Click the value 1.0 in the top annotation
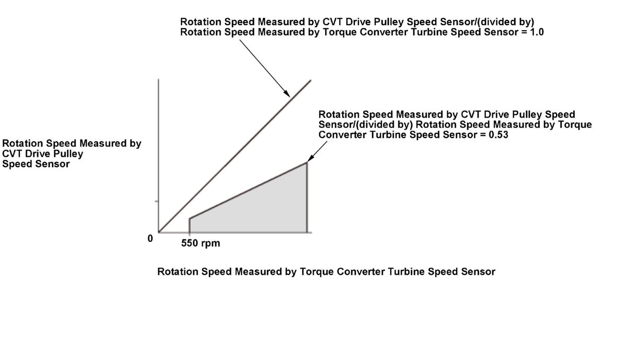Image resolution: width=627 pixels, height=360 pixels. tap(537, 32)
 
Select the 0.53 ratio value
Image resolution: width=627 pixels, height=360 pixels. tap(498, 135)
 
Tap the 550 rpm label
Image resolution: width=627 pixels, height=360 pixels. tap(201, 243)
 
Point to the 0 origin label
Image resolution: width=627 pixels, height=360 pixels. tap(150, 238)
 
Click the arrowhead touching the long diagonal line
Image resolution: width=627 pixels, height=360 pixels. tap(287, 93)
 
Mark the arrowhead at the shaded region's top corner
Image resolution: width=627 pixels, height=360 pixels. tap(310, 158)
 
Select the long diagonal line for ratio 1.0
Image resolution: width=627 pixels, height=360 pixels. tap(235, 156)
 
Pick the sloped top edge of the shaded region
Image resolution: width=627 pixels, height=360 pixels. tap(248, 190)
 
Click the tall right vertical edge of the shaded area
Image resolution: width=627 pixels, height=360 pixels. tap(307, 198)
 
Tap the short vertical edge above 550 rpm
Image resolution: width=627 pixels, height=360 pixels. tap(190, 226)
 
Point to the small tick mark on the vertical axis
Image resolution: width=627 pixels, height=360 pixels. tap(157, 201)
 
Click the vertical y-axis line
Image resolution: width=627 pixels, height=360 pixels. tap(158, 156)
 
